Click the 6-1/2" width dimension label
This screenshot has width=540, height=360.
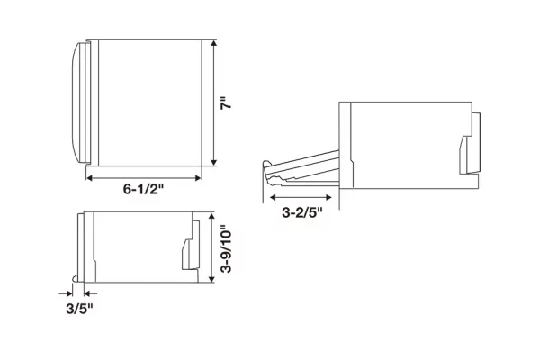coord(143,189)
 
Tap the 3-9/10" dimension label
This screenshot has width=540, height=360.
coord(226,249)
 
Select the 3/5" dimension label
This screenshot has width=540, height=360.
coord(79,309)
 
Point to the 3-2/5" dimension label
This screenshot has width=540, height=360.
coord(302,212)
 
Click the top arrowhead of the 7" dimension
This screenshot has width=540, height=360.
coord(214,43)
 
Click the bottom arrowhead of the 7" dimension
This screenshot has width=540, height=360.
coord(214,162)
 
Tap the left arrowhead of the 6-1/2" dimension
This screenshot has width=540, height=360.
coord(89,178)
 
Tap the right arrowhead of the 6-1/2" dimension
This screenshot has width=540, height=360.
coord(198,178)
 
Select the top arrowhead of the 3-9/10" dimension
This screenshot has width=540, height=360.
coord(211,217)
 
